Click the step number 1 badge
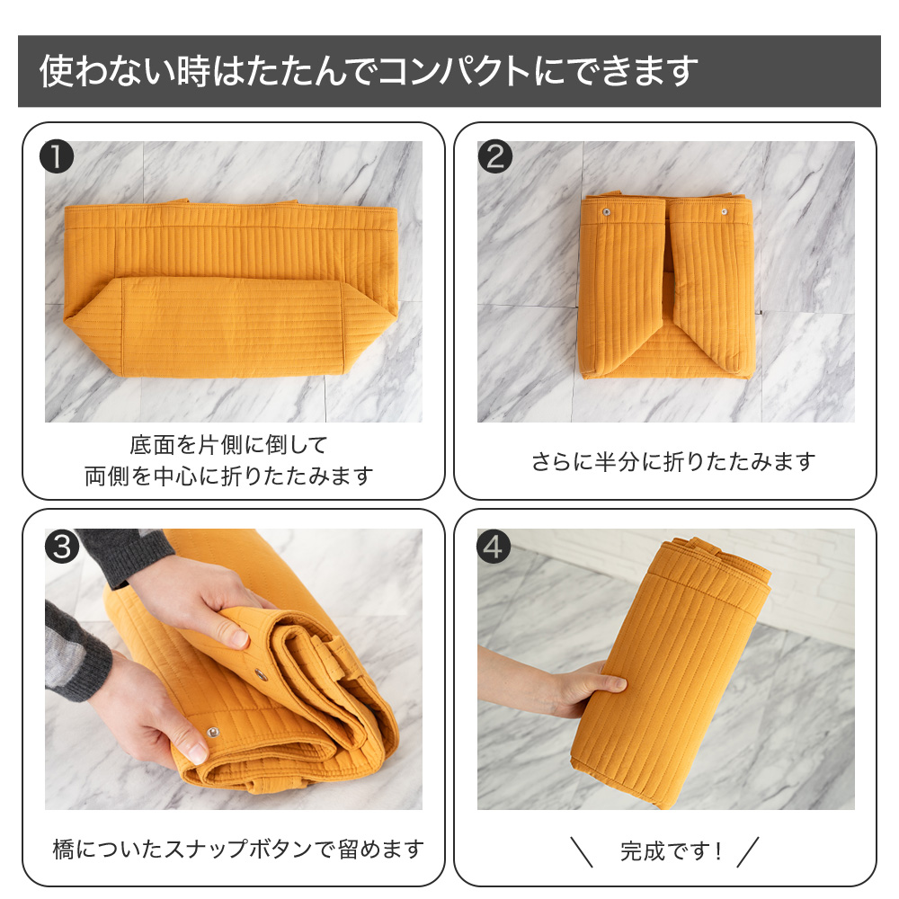[57, 156]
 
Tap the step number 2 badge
[494, 156]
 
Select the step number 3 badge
[62, 547]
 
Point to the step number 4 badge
[494, 547]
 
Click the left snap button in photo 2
[606, 213]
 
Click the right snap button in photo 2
[724, 212]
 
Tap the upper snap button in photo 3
[262, 673]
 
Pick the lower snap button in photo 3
[213, 732]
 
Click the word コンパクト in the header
[455, 71]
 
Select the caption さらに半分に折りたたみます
[673, 461]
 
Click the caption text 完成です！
[671, 851]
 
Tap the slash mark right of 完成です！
[748, 852]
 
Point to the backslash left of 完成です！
[582, 852]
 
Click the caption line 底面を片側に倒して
[228, 445]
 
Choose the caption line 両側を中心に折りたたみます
[228, 476]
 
